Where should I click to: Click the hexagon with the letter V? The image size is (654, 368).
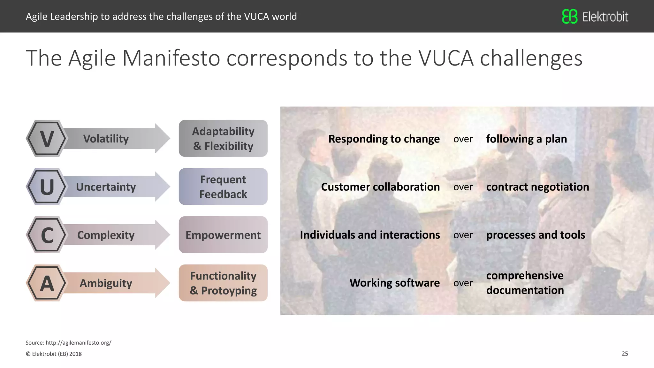point(47,138)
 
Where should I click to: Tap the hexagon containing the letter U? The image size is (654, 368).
point(47,187)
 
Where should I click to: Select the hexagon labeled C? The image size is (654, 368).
point(47,235)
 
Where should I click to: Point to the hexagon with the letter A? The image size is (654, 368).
point(47,283)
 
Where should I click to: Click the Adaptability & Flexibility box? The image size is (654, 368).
point(223,138)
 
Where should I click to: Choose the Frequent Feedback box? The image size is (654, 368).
point(223,187)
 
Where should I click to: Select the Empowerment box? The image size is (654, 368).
point(223,235)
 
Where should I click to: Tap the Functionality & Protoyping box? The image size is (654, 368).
point(223,283)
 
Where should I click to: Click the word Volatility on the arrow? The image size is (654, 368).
point(106,139)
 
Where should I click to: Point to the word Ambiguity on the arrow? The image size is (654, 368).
point(106,283)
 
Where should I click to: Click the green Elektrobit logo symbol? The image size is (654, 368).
point(569,16)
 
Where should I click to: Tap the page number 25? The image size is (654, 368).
point(625,354)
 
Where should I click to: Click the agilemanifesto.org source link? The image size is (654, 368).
point(78,343)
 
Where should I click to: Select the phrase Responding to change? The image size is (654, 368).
point(384,139)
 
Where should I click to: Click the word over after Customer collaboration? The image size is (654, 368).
point(463,187)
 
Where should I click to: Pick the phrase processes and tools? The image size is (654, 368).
point(536,235)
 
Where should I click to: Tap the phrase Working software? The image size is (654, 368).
point(394,283)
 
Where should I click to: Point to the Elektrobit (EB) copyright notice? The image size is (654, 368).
point(54,354)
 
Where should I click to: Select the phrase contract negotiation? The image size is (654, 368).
point(537,187)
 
